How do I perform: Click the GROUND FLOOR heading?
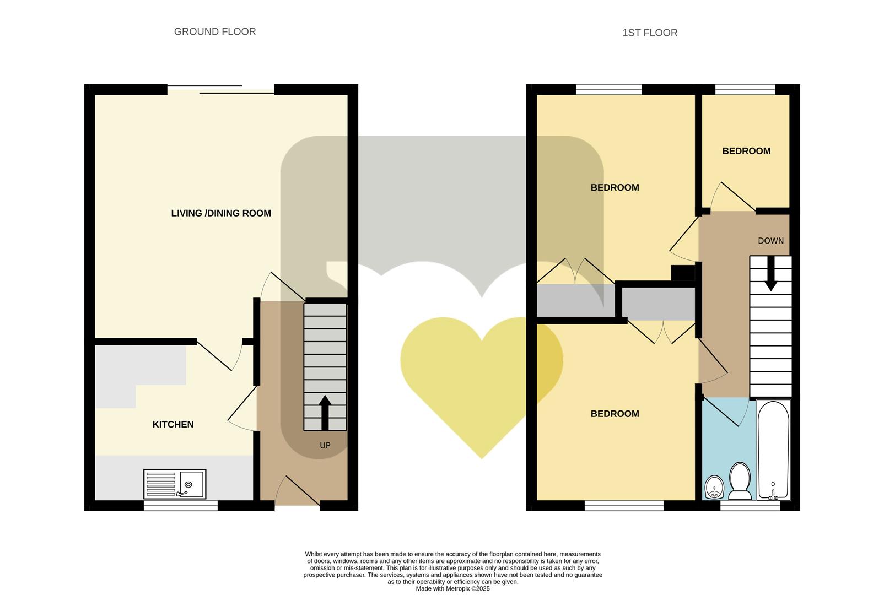(215, 32)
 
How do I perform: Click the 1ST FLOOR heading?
(650, 33)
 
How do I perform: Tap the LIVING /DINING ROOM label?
(221, 213)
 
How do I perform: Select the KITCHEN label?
(173, 424)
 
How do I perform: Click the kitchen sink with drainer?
(175, 484)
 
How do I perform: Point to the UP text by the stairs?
(325, 445)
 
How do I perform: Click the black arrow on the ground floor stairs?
(325, 412)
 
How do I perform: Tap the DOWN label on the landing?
(770, 241)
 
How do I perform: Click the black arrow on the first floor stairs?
(770, 274)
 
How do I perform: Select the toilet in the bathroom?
(739, 480)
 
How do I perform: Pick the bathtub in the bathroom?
(773, 450)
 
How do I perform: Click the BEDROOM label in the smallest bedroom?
(746, 151)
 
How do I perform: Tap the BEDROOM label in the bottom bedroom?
(615, 414)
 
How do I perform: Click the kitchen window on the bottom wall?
(181, 505)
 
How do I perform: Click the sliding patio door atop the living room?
(220, 89)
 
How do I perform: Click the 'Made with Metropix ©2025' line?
(452, 588)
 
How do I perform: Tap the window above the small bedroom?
(745, 89)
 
